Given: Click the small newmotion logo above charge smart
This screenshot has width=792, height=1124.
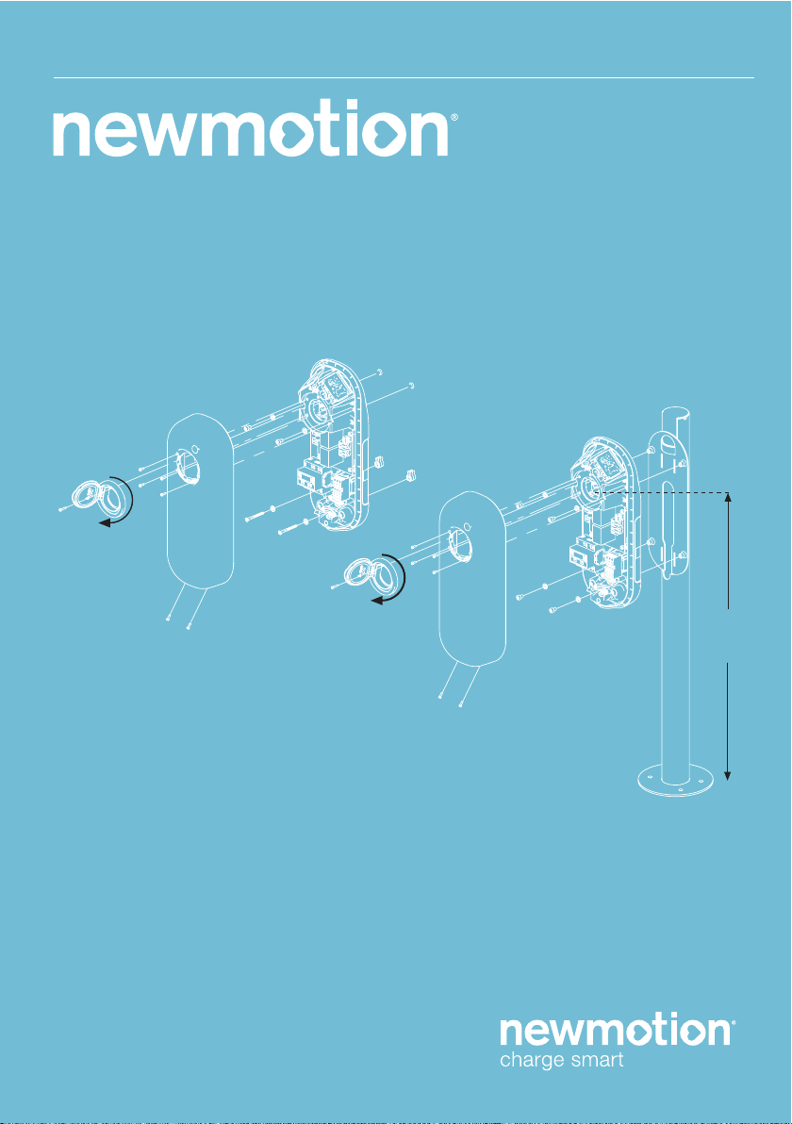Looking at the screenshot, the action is coord(617,1031).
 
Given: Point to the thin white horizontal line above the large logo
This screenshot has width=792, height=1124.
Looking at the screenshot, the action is coord(404,77).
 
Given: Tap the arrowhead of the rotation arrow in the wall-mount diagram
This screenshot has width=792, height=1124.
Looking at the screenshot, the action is coord(105,524).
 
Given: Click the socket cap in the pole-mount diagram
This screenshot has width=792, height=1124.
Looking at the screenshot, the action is coord(375,575).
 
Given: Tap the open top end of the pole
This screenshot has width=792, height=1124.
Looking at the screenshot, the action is coord(677,413).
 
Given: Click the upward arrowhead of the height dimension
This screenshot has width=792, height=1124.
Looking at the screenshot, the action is coord(728,498).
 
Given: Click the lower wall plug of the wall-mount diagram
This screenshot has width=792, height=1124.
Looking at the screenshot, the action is coord(411,475).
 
